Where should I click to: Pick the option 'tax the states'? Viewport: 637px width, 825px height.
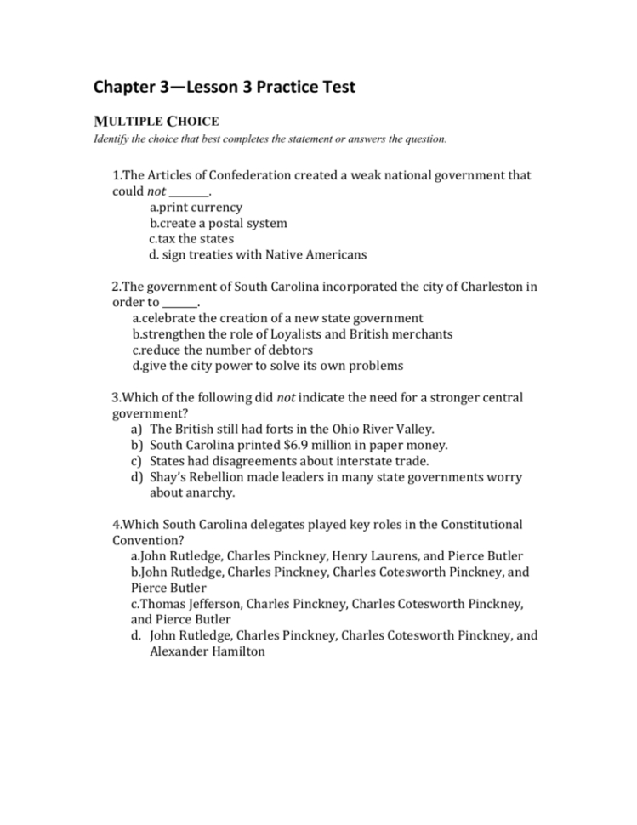tap(191, 239)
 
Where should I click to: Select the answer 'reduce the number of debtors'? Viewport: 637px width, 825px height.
tap(223, 350)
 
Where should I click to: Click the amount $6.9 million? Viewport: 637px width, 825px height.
tap(317, 445)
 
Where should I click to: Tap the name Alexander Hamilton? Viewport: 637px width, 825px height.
tap(207, 651)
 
